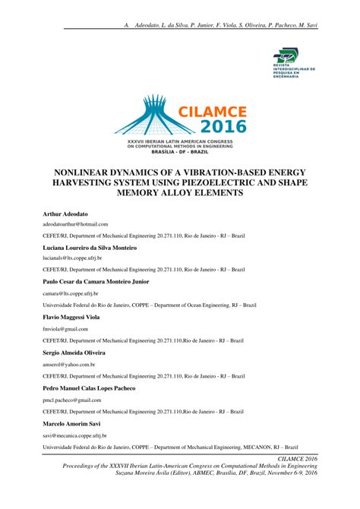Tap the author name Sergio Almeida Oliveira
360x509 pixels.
(x=74, y=353)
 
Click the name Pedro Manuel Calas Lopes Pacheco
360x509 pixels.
(x=90, y=388)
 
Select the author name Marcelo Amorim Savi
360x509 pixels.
(x=73, y=423)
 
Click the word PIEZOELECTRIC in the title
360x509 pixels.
(x=228, y=183)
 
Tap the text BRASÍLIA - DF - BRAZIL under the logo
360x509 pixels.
(x=180, y=151)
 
